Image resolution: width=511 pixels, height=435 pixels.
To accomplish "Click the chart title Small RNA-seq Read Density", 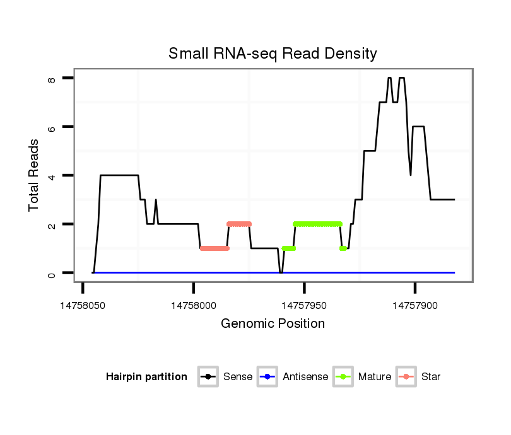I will pyautogui.click(x=273, y=54).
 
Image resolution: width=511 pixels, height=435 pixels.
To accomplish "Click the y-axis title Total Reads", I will pyautogui.click(x=35, y=175).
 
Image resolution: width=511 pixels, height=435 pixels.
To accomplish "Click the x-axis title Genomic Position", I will pyautogui.click(x=273, y=324).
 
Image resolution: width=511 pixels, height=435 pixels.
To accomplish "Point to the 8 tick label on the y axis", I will pyautogui.click(x=52, y=78).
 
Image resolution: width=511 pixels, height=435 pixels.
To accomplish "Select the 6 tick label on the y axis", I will pyautogui.click(x=52, y=127).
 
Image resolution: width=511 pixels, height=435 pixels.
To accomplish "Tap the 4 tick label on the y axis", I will pyautogui.click(x=52, y=175).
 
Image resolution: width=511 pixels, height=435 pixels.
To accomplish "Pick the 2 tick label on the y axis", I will pyautogui.click(x=52, y=224).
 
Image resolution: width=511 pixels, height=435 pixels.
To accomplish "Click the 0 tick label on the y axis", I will pyautogui.click(x=52, y=273).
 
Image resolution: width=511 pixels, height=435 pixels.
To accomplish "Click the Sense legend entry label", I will pyautogui.click(x=238, y=377).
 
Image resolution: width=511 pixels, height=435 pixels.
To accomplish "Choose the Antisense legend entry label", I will pyautogui.click(x=305, y=377).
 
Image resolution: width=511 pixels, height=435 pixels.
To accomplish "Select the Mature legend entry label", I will pyautogui.click(x=375, y=377).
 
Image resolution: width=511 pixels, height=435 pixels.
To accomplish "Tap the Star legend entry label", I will pyautogui.click(x=431, y=377).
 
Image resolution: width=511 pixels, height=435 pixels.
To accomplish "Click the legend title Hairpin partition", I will pyautogui.click(x=146, y=377).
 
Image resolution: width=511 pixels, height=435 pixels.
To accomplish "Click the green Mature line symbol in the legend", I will pyautogui.click(x=344, y=377).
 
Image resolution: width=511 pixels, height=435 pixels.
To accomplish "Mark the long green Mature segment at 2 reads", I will pyautogui.click(x=317, y=224).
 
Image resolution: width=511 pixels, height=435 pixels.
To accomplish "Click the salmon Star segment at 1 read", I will pyautogui.click(x=214, y=248).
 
